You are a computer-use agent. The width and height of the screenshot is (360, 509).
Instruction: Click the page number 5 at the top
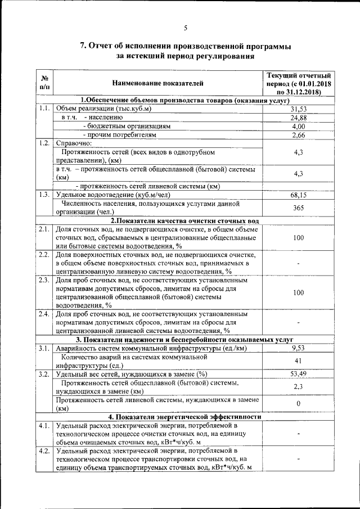click(x=185, y=29)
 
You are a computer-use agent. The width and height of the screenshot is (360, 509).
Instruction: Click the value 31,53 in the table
click(x=299, y=109)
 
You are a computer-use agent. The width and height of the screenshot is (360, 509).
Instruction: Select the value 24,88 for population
click(x=299, y=118)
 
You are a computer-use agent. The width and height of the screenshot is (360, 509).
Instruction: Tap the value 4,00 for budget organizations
click(x=299, y=127)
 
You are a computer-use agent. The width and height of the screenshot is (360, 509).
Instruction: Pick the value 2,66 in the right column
click(x=299, y=136)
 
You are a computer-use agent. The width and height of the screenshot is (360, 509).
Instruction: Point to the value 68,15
click(x=299, y=195)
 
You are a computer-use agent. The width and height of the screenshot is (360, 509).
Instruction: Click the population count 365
click(x=299, y=208)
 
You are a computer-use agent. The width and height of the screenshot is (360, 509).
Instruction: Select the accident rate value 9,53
click(x=299, y=349)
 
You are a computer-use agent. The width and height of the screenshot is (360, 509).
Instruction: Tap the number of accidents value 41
click(x=299, y=361)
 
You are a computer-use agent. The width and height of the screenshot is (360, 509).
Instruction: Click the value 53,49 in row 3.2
click(x=299, y=374)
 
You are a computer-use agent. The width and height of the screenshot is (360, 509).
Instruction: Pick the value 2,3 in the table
click(x=299, y=387)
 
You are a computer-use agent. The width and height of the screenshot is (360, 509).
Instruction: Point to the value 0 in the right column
click(x=299, y=404)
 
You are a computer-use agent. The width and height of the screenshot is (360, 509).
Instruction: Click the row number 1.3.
click(x=45, y=195)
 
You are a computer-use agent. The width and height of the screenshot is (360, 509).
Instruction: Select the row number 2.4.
click(x=45, y=314)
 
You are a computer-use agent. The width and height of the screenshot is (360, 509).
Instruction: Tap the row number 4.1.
click(x=45, y=425)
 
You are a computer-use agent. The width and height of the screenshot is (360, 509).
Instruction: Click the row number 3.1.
click(x=45, y=349)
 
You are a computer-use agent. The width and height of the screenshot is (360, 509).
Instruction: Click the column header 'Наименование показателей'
click(x=157, y=83)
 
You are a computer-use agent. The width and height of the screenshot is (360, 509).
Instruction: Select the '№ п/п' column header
click(x=45, y=83)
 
